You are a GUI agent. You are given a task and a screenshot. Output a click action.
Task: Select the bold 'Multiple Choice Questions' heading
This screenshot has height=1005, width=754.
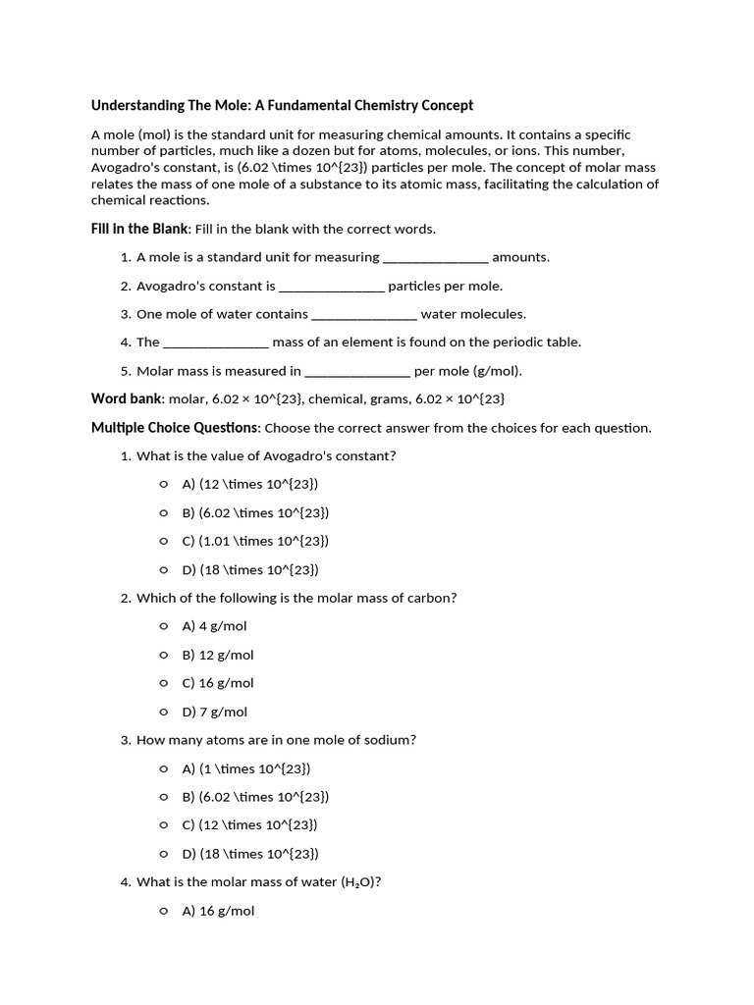coord(175,428)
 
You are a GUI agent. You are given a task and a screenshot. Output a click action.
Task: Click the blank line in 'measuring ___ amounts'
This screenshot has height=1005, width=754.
coord(435,258)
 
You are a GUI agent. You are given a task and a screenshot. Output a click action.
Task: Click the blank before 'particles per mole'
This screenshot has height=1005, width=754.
coord(332,287)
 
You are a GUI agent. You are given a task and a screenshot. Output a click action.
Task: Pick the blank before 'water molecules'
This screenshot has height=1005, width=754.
coord(364,315)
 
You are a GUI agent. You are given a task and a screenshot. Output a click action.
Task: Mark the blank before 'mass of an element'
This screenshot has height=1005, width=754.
coord(215,343)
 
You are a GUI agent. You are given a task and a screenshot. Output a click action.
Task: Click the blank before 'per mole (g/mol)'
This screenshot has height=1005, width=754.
coord(357,372)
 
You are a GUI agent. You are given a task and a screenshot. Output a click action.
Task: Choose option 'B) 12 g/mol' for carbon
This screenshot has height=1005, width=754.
coord(218,655)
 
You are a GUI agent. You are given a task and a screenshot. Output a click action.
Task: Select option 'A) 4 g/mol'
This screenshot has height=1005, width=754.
coord(214,626)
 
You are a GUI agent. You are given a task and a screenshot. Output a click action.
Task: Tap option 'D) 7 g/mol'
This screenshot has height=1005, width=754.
coord(214,712)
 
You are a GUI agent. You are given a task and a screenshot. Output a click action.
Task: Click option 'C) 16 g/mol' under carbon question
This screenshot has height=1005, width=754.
coord(218,683)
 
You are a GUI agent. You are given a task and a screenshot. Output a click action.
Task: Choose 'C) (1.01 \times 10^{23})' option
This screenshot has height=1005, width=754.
coord(255,541)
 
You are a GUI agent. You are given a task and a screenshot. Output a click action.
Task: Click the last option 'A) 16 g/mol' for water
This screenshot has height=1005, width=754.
coord(218,911)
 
